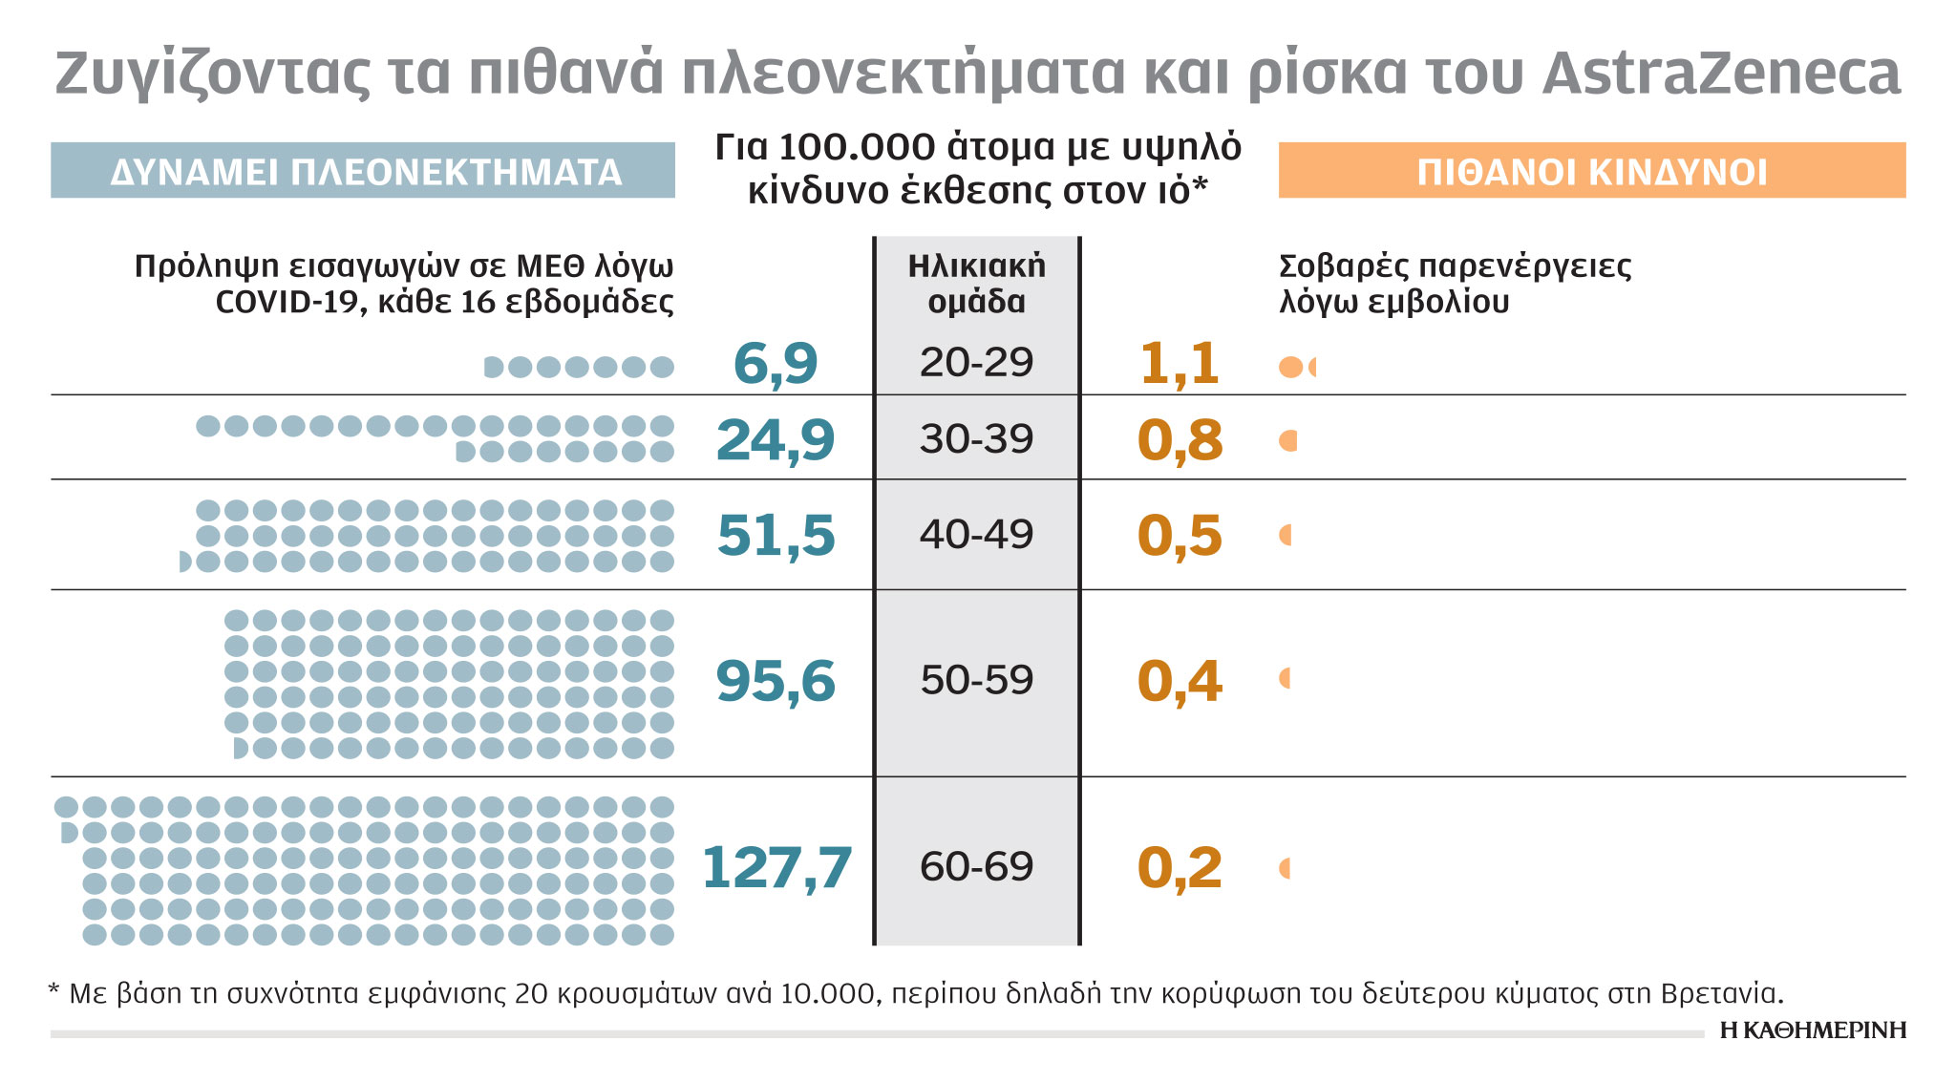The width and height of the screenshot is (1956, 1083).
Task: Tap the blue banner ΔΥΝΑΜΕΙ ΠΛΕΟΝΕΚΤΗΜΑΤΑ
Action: coord(363,171)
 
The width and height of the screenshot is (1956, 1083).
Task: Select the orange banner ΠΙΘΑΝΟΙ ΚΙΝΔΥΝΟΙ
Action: coord(1591,171)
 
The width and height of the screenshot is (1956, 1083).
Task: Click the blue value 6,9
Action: coord(776,364)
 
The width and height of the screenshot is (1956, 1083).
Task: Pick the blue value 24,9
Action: coord(776,440)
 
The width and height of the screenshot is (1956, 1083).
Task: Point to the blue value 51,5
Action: coord(776,535)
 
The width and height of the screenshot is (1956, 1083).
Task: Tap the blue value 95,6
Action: coord(776,682)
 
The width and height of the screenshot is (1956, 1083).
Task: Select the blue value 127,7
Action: coord(776,868)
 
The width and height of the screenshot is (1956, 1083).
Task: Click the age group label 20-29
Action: coord(976,363)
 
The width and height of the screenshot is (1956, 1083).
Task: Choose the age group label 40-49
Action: coord(976,535)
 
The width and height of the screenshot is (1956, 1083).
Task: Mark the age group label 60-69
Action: coord(976,867)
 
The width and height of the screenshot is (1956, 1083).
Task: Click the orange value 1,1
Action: coord(1180,364)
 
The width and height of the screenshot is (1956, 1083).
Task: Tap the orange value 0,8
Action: coord(1180,440)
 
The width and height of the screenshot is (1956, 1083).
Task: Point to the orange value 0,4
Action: coord(1180,682)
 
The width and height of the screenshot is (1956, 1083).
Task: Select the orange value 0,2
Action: coord(1180,868)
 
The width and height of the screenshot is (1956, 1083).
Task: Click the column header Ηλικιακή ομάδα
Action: coord(976,284)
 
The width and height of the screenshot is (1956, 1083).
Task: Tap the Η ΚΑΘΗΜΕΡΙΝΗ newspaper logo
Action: coord(1812,1030)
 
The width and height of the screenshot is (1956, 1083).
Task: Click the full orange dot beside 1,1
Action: coord(1290,367)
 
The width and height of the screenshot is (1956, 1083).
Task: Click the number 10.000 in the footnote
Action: coord(827,994)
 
